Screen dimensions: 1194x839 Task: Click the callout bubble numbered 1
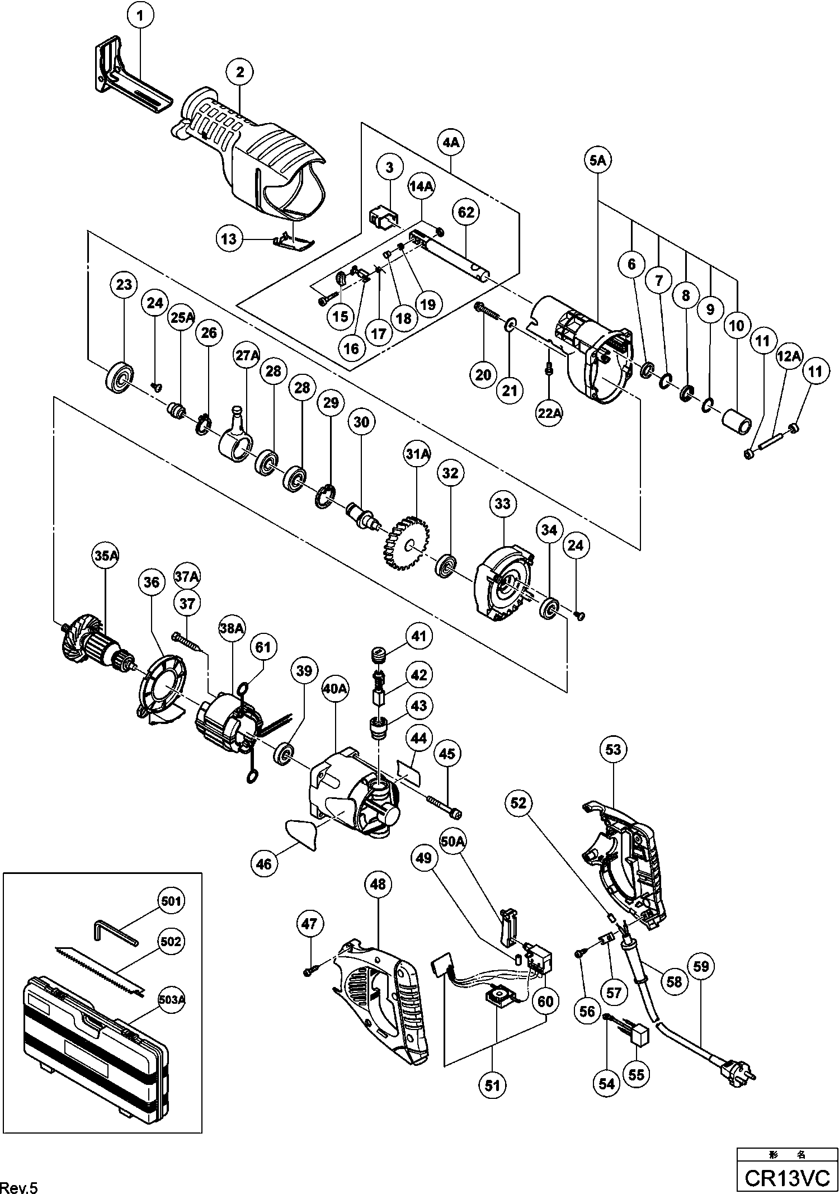140,16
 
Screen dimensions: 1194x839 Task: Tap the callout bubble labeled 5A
597,161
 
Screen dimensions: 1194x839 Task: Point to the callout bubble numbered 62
466,213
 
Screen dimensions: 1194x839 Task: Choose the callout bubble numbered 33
502,504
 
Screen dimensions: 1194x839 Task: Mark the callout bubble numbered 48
378,884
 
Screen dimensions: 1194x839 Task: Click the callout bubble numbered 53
613,749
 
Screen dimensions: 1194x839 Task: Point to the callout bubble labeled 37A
187,576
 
